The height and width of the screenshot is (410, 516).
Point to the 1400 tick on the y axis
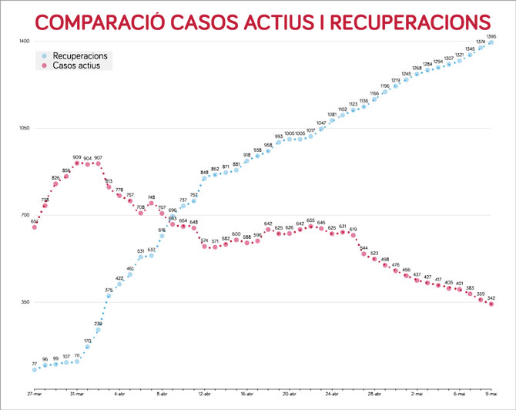click(24, 40)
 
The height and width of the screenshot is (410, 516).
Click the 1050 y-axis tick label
click(24, 128)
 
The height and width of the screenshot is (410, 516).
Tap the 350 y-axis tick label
click(24, 302)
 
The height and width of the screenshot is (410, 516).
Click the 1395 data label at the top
click(491, 35)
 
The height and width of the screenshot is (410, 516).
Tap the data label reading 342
click(491, 298)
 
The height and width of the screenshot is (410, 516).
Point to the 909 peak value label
click(77, 156)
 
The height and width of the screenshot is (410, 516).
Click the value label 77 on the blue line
click(35, 363)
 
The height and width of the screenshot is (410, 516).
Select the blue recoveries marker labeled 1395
click(491, 42)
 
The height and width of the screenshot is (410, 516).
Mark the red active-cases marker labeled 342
click(491, 305)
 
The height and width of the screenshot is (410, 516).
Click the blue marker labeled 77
click(35, 370)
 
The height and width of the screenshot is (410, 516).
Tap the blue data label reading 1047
click(321, 123)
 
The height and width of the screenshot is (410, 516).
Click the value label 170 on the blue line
click(88, 340)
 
